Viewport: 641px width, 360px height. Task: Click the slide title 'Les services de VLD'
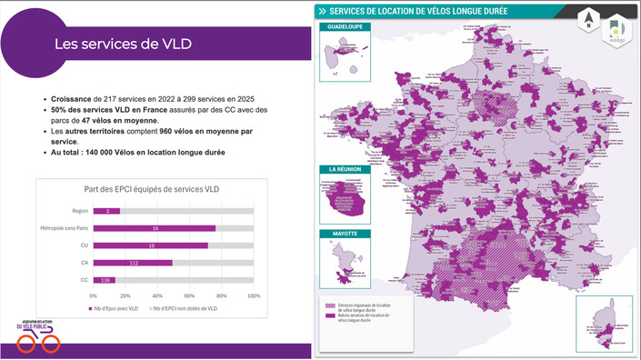point(123,43)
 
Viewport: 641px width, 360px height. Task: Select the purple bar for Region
point(106,211)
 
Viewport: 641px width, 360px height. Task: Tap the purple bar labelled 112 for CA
point(133,263)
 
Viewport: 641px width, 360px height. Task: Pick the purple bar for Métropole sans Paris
point(154,228)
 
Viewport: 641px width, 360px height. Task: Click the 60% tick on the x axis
point(189,296)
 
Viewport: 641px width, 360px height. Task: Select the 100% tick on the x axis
point(254,296)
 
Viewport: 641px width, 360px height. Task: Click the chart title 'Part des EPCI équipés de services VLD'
point(150,189)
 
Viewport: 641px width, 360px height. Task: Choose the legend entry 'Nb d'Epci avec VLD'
point(114,309)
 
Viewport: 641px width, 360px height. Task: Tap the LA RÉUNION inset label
point(338,169)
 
